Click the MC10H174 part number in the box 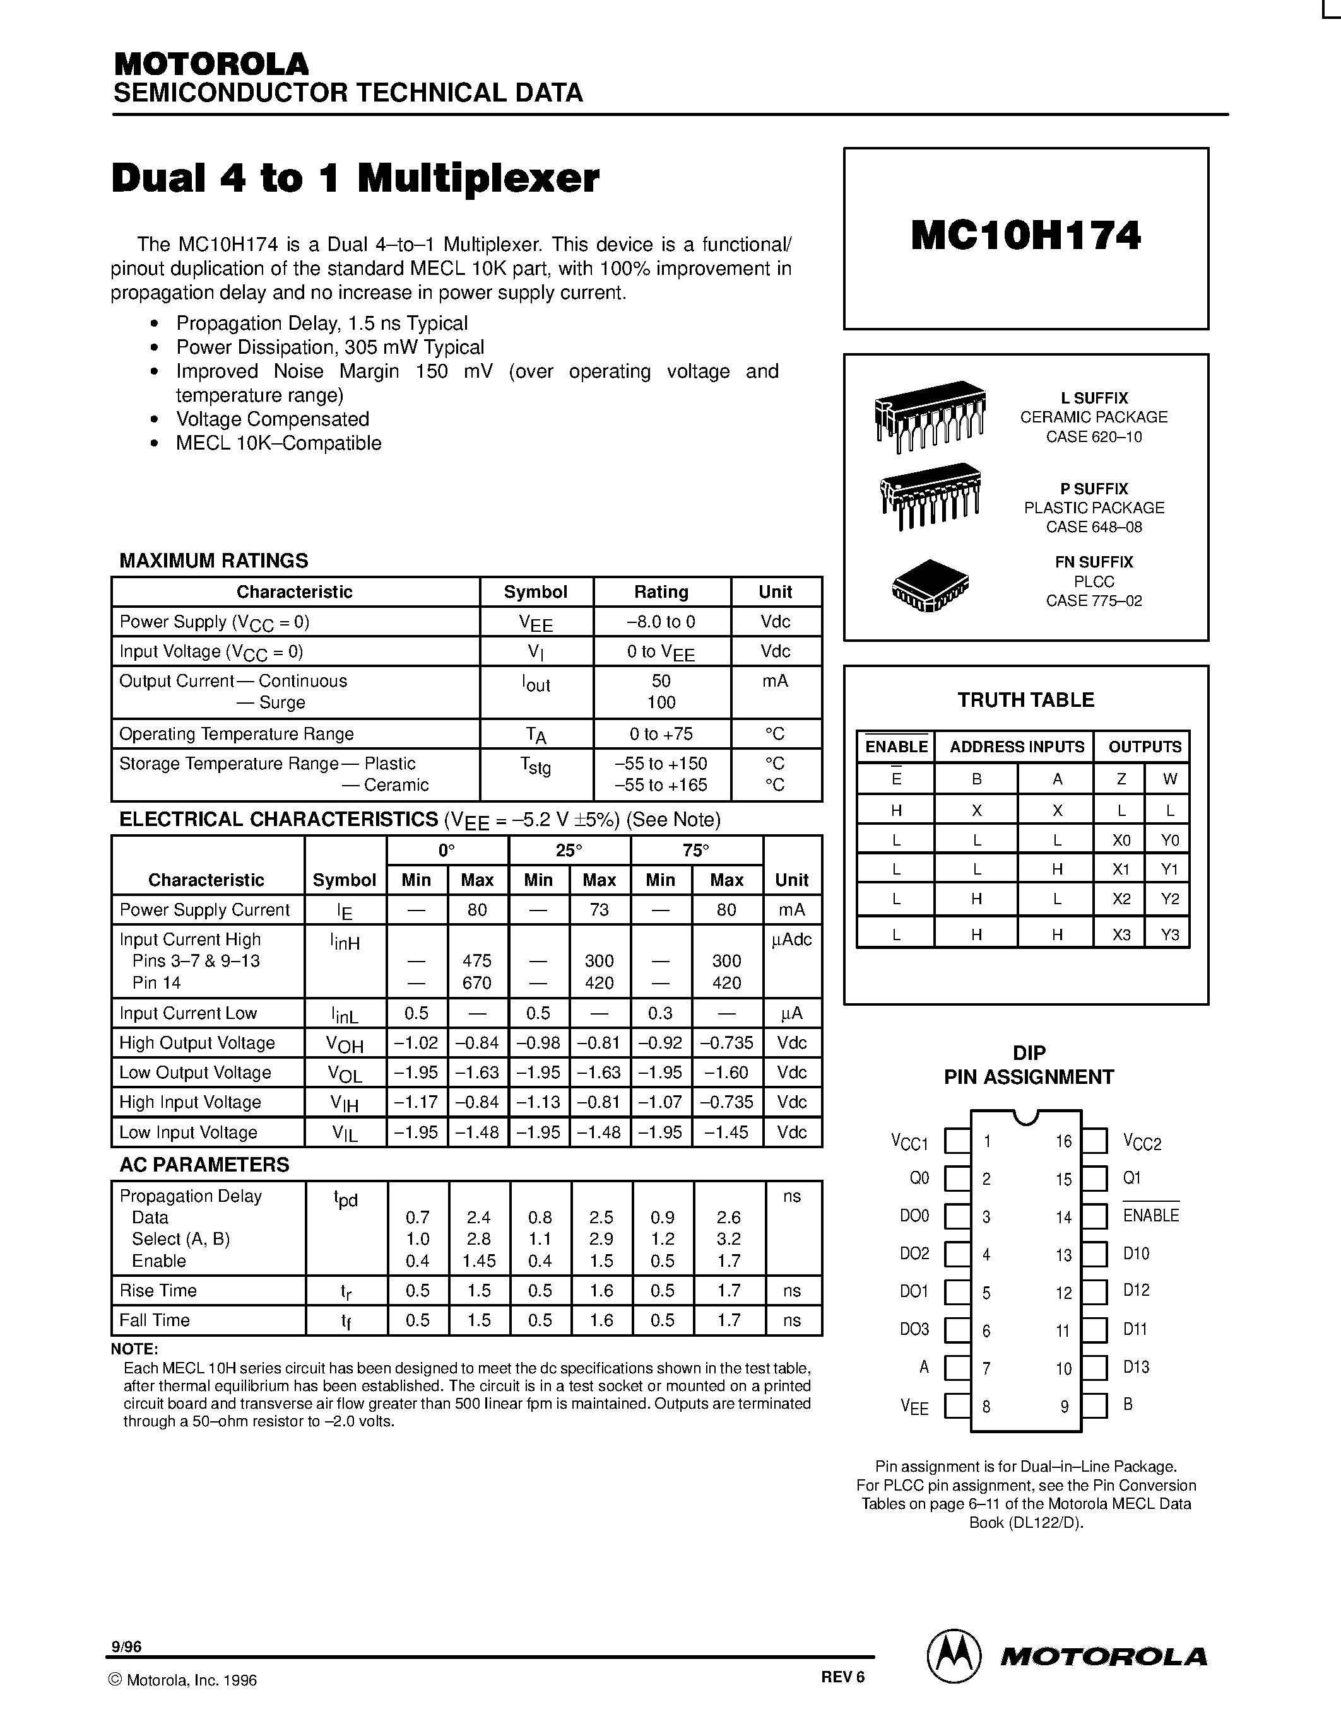tap(1025, 236)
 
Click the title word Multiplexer tap(478, 178)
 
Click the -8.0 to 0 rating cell tap(661, 622)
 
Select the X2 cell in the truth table tap(1120, 899)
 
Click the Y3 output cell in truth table tap(1169, 934)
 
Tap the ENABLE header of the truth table tap(896, 747)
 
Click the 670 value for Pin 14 tap(476, 983)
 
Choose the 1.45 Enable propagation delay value tap(479, 1261)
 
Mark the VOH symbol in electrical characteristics tap(345, 1044)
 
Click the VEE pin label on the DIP tap(914, 1407)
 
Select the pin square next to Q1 tap(1095, 1179)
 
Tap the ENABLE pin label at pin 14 tap(1150, 1216)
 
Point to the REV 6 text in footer tap(842, 1677)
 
